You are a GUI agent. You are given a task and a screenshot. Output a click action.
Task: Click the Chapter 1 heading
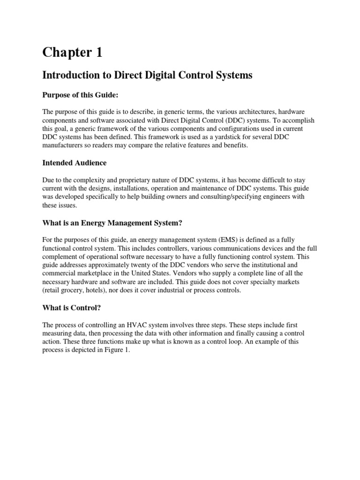coord(72,53)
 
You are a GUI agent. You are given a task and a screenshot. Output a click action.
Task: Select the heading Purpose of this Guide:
coord(80,95)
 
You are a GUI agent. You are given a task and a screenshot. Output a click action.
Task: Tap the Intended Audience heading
coord(74,163)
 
